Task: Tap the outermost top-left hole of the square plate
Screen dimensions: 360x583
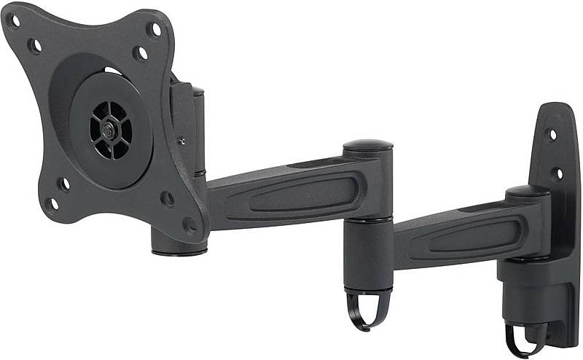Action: click(x=14, y=21)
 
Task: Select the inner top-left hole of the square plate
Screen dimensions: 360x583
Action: click(x=34, y=45)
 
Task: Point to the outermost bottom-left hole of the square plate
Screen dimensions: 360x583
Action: click(x=52, y=203)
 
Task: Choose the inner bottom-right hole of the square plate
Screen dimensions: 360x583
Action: click(x=168, y=198)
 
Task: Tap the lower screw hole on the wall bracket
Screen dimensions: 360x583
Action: click(x=557, y=173)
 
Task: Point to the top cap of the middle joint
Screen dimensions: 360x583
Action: click(x=367, y=146)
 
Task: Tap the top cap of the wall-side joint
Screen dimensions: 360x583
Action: click(x=528, y=192)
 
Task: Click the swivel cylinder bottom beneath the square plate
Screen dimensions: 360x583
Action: click(x=179, y=240)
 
